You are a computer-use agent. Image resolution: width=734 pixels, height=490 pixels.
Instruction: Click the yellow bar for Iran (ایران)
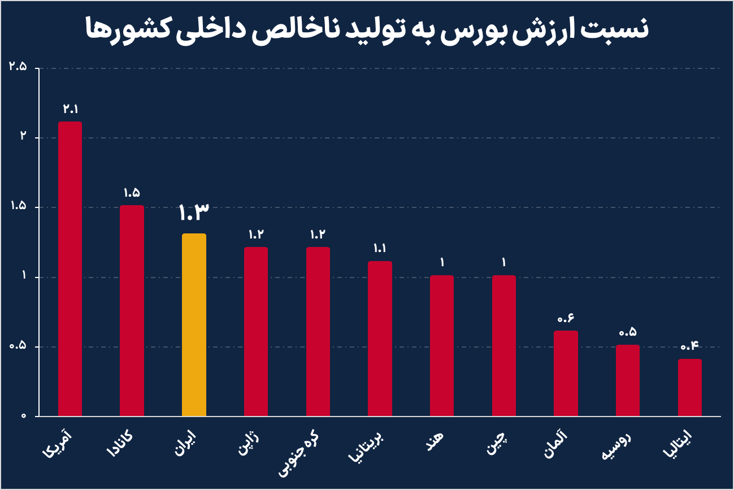[x=194, y=325]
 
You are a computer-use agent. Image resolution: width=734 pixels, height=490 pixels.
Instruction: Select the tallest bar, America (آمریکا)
[x=70, y=269]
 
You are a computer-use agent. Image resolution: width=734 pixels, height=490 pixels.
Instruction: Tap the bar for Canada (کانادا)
[x=132, y=311]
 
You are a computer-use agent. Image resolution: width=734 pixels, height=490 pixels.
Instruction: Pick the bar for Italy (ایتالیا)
[x=689, y=388]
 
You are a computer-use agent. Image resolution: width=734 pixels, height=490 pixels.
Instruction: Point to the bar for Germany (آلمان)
[x=566, y=374]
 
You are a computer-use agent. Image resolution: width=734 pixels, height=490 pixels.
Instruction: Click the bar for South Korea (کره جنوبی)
[x=318, y=332]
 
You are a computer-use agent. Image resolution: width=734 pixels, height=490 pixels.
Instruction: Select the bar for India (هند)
[x=442, y=346]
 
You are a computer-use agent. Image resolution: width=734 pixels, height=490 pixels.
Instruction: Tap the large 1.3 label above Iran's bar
[x=194, y=213]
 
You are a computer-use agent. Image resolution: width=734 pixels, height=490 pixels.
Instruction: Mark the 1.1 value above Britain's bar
[x=380, y=248]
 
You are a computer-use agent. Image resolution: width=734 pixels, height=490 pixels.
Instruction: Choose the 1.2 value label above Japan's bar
[x=256, y=234]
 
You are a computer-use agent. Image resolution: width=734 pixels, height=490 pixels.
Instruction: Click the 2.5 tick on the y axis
[x=18, y=67]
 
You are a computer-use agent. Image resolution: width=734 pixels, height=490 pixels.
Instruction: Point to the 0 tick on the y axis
[x=24, y=416]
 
